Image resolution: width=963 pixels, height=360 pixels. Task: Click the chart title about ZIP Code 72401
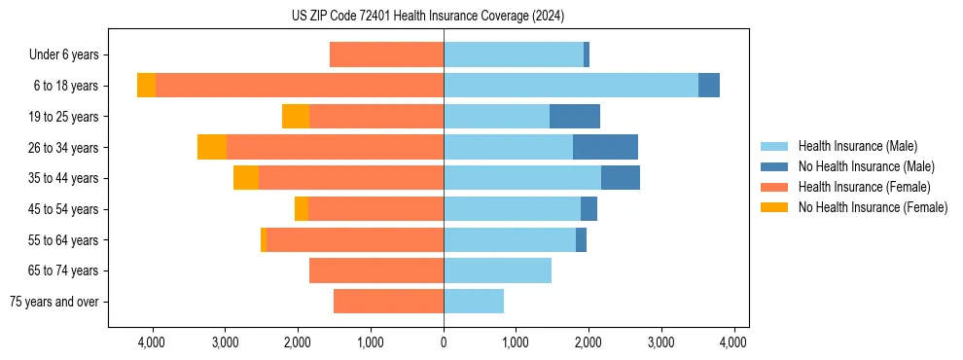click(428, 17)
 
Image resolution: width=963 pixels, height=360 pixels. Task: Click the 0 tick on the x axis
click(444, 342)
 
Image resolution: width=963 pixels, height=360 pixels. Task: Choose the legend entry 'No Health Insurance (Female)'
click(873, 207)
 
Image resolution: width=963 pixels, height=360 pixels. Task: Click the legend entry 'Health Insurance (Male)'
click(857, 146)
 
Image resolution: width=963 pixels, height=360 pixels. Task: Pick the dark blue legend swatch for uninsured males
click(774, 166)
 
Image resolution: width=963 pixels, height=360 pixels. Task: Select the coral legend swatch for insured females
click(774, 187)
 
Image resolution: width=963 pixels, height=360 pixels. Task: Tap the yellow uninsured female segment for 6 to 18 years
click(146, 86)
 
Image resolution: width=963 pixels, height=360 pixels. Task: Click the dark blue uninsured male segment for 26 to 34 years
click(605, 147)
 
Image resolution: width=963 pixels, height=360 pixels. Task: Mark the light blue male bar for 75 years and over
click(474, 302)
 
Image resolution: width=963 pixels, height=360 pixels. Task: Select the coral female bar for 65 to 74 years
click(376, 270)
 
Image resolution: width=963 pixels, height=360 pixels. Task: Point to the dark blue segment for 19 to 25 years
click(575, 117)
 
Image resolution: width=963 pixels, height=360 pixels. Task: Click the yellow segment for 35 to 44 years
click(246, 178)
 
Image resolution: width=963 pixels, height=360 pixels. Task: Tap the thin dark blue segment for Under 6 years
click(587, 54)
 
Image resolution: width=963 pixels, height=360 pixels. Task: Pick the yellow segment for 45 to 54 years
click(302, 209)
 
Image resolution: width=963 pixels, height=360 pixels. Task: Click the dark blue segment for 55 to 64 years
click(581, 239)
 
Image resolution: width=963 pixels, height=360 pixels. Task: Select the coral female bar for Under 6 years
click(386, 54)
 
